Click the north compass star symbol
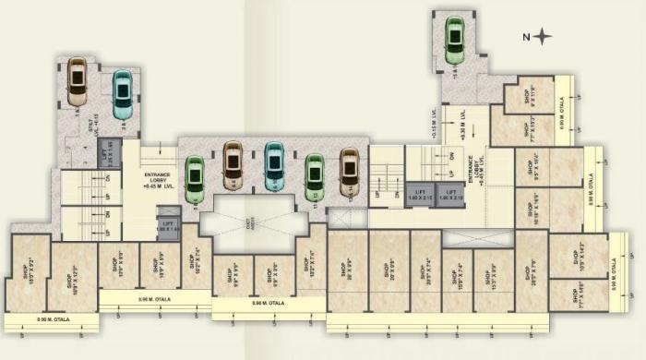[x=543, y=37]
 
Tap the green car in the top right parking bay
[x=454, y=42]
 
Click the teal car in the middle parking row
[x=274, y=167]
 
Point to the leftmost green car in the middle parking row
[x=194, y=179]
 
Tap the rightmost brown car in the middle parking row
[x=349, y=173]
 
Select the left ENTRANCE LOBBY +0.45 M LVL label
[x=158, y=179]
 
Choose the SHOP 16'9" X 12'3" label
[x=70, y=276]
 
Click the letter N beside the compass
[x=525, y=37]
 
